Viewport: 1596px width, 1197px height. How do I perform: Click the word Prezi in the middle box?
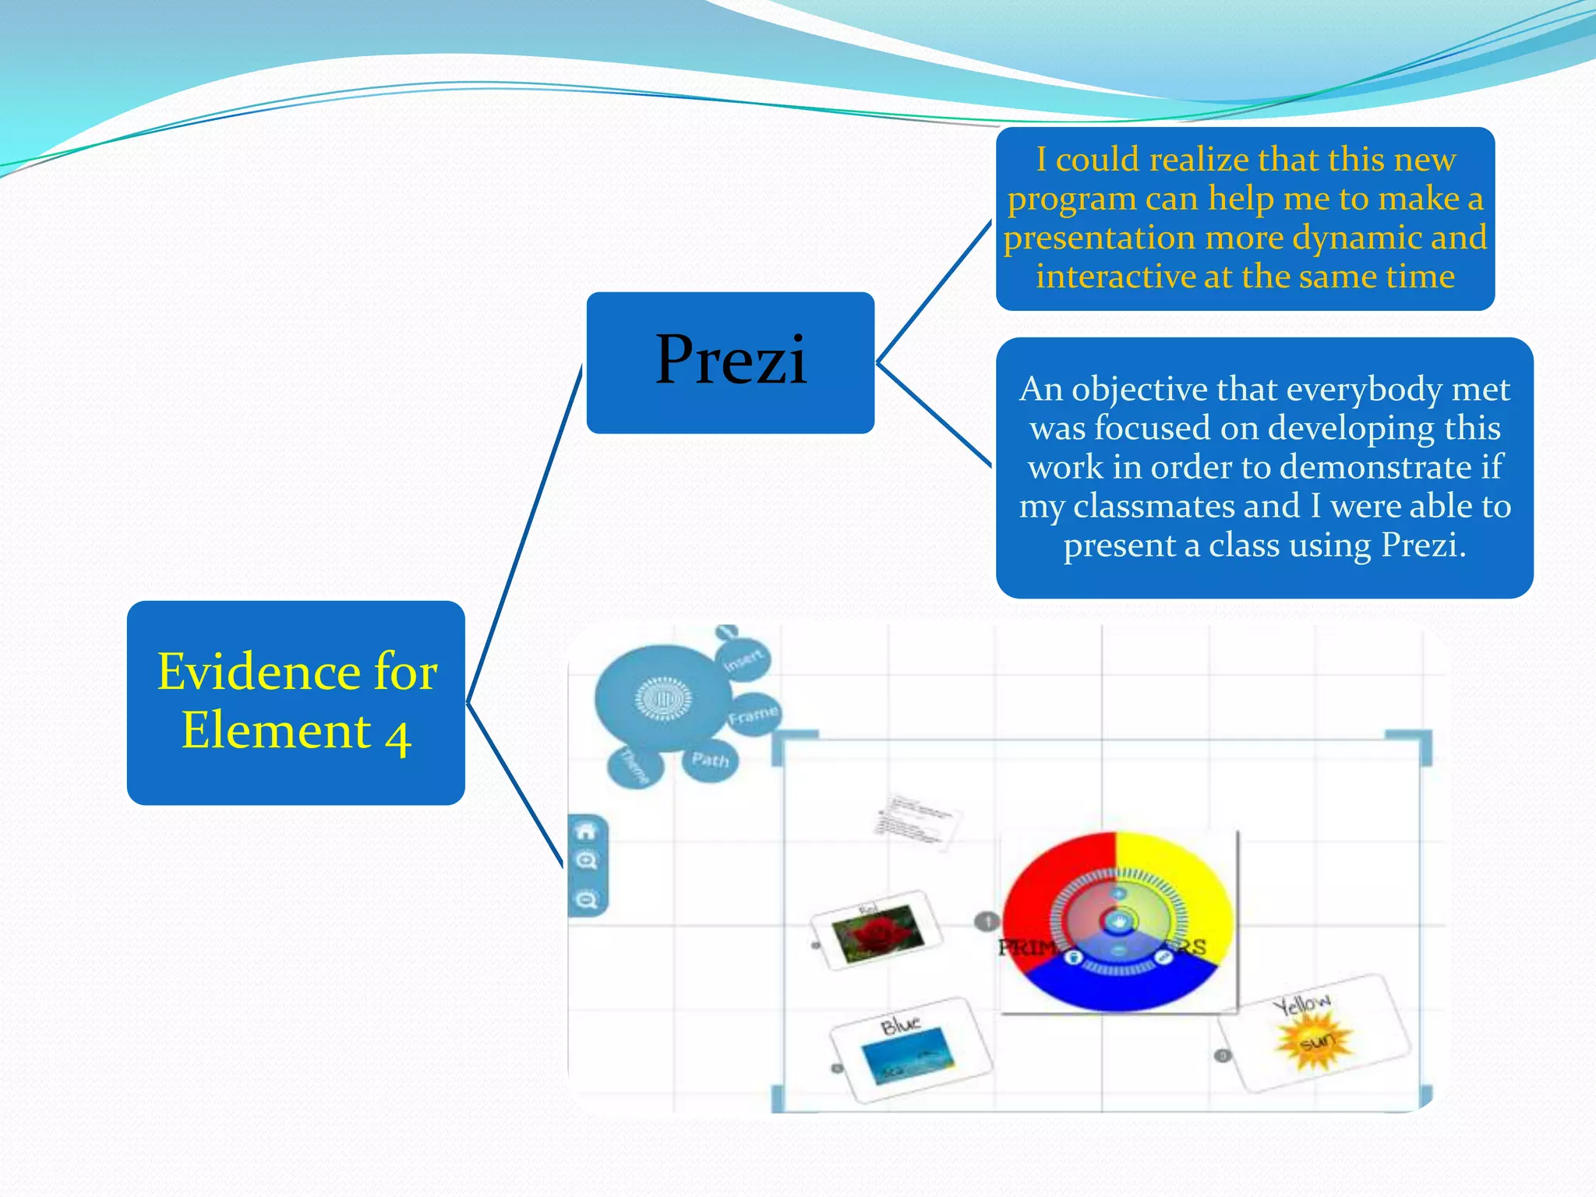[x=730, y=360]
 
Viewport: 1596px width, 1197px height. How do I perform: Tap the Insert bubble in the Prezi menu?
[x=743, y=659]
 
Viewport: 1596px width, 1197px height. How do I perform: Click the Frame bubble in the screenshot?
[x=753, y=714]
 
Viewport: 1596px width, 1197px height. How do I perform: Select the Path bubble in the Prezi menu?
[x=710, y=760]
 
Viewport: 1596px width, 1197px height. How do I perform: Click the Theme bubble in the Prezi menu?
[x=634, y=766]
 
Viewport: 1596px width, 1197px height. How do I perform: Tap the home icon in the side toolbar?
[x=586, y=832]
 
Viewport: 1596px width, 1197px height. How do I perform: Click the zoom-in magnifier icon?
[x=586, y=861]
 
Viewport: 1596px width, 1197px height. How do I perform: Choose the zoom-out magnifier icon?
[x=586, y=900]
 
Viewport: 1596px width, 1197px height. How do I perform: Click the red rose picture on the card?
[x=877, y=934]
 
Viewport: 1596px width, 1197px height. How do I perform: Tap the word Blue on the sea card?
[x=900, y=1025]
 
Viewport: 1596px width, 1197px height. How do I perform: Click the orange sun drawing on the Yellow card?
[x=1315, y=1041]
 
